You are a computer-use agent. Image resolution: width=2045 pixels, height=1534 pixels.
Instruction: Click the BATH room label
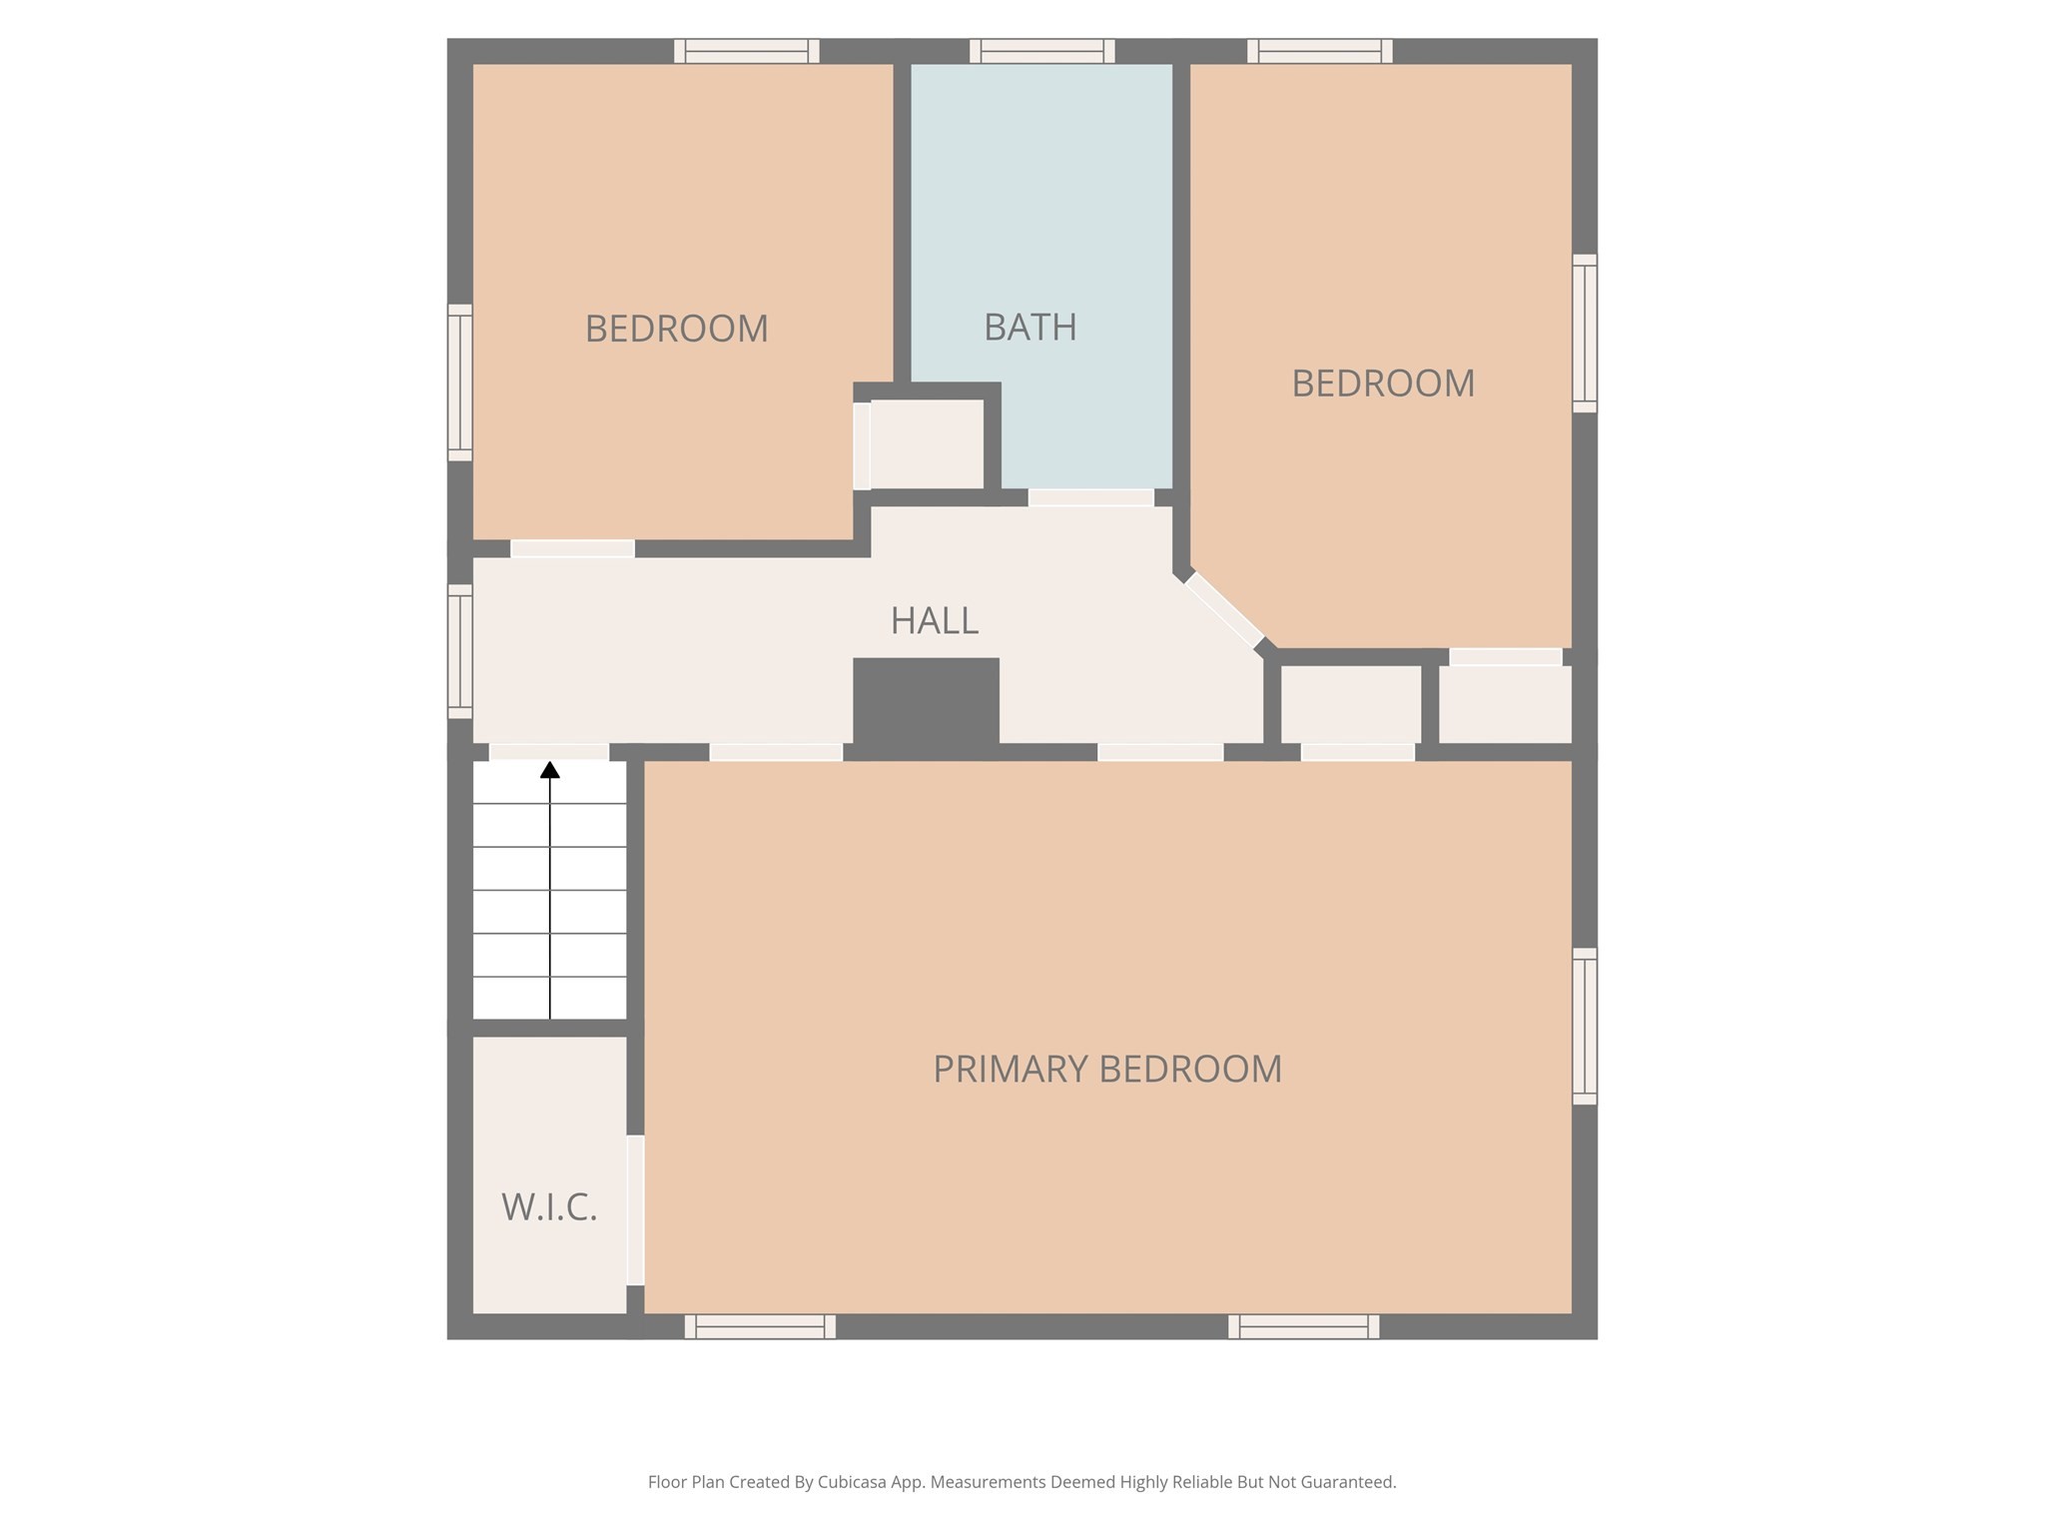click(x=1029, y=328)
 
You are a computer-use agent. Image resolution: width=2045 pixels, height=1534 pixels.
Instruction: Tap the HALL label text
click(x=934, y=621)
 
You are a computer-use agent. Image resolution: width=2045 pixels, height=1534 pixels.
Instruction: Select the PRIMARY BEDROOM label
click(x=1106, y=1069)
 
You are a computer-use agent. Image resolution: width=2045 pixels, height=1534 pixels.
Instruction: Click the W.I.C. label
click(x=549, y=1207)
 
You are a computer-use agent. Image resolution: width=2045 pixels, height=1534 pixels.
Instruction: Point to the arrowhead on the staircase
click(x=550, y=769)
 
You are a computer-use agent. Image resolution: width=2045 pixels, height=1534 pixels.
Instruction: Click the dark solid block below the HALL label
click(x=926, y=703)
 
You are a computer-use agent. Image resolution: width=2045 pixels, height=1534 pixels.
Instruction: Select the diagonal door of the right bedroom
click(x=1223, y=610)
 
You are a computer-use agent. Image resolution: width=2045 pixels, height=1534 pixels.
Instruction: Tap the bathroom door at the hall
click(x=1090, y=497)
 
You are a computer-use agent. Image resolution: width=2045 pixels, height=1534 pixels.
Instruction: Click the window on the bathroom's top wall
click(x=1041, y=51)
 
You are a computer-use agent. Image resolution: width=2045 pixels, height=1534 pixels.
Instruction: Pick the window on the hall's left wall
click(x=459, y=651)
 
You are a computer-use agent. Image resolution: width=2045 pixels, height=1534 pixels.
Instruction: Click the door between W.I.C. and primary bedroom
click(x=635, y=1209)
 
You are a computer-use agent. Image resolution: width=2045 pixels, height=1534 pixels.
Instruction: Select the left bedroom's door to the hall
click(x=572, y=548)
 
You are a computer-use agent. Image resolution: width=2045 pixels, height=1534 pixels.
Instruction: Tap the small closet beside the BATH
click(x=927, y=444)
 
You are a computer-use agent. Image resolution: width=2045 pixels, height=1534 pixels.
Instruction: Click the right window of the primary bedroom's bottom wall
click(x=1303, y=1326)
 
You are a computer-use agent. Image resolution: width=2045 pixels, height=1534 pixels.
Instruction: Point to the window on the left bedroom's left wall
click(x=459, y=383)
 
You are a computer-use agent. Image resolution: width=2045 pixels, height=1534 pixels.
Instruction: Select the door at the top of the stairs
click(x=549, y=752)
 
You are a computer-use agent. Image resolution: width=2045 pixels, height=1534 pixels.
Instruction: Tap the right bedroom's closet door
click(x=1505, y=656)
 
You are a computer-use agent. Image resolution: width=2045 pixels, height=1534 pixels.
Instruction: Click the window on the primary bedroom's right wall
click(x=1585, y=1026)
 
